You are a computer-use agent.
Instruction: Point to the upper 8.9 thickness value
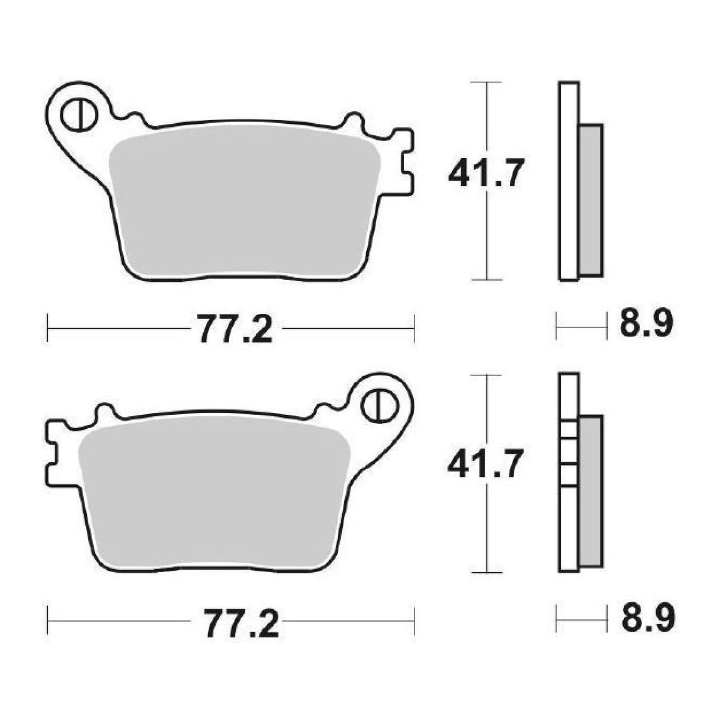tap(647, 326)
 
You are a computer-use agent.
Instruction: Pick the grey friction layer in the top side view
tap(590, 200)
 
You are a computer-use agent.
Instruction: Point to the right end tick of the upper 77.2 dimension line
tap(414, 328)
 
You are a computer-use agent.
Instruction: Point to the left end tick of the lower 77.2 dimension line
tap(47, 620)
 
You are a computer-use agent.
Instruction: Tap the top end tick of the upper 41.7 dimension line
tap(486, 82)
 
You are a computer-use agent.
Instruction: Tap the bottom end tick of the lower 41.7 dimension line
tap(486, 573)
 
